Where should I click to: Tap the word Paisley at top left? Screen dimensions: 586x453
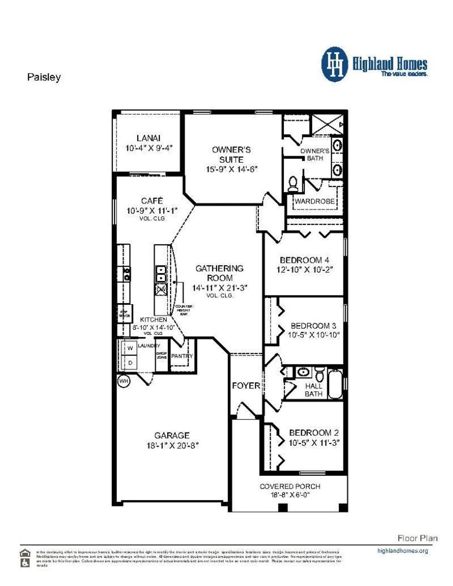point(44,77)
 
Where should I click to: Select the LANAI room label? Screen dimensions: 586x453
point(148,138)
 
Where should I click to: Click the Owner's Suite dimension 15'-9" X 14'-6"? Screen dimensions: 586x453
point(231,169)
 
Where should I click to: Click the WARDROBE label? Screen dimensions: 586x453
point(315,201)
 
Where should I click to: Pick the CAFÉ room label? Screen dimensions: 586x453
point(152,201)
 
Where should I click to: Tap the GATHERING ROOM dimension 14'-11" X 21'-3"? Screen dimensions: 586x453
point(219,288)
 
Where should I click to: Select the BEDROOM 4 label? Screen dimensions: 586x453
point(305,260)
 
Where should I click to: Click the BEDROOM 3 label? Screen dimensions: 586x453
point(313,326)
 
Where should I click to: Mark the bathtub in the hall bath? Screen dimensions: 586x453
point(335,384)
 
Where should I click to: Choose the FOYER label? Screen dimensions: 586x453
point(246,385)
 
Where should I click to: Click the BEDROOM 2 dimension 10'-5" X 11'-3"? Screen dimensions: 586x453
point(314,442)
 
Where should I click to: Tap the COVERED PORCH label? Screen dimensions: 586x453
point(290,486)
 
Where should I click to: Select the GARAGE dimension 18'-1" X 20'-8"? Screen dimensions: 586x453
point(172,445)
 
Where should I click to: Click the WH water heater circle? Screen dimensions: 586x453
point(124,381)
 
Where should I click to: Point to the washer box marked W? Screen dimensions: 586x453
point(130,348)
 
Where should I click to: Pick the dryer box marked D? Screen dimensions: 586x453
point(130,363)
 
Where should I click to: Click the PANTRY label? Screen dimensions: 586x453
point(182,356)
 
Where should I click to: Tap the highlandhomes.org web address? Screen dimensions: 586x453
point(402,551)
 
